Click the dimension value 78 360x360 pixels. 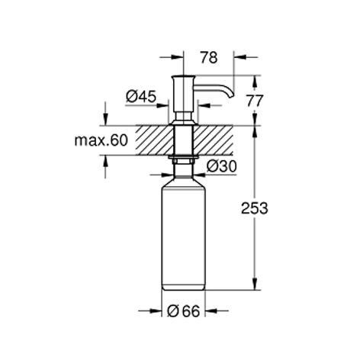[x=209, y=57]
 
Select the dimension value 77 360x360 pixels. [x=255, y=101]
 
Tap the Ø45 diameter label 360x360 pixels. [x=141, y=97]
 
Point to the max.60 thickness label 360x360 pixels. [x=101, y=140]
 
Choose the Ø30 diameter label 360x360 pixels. [x=222, y=166]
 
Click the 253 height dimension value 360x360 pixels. [x=255, y=208]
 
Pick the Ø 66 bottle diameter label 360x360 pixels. [x=184, y=311]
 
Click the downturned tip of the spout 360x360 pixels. [x=230, y=95]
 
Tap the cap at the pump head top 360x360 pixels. [x=183, y=76]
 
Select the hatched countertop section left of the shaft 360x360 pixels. [x=154, y=140]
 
